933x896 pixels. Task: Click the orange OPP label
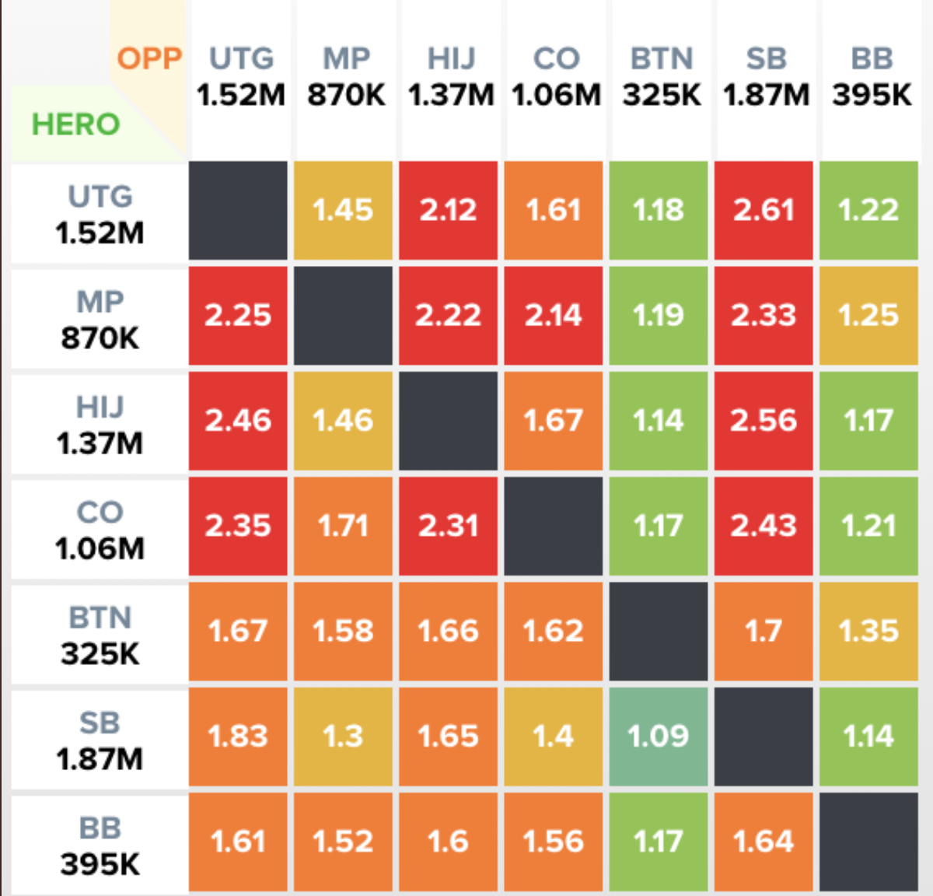(x=149, y=59)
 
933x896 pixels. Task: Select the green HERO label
(x=75, y=124)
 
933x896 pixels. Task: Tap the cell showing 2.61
(x=764, y=210)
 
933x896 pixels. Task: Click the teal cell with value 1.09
(x=659, y=737)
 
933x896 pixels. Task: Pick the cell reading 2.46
(x=238, y=421)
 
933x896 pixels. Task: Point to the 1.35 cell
(x=868, y=632)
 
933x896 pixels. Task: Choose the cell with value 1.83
(x=238, y=737)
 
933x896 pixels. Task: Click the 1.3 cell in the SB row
(x=343, y=737)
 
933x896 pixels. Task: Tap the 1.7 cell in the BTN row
(x=764, y=632)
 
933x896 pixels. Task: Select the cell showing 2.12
(x=449, y=210)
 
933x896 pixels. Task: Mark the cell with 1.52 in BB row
(x=343, y=842)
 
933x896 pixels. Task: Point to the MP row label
(x=100, y=320)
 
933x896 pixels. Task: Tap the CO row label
(x=100, y=530)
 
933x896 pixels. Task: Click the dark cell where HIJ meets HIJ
(x=449, y=421)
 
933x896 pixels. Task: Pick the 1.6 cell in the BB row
(x=449, y=842)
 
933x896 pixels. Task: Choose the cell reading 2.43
(x=764, y=526)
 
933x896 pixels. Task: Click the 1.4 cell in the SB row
(x=554, y=737)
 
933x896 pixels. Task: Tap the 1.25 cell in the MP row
(x=868, y=316)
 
